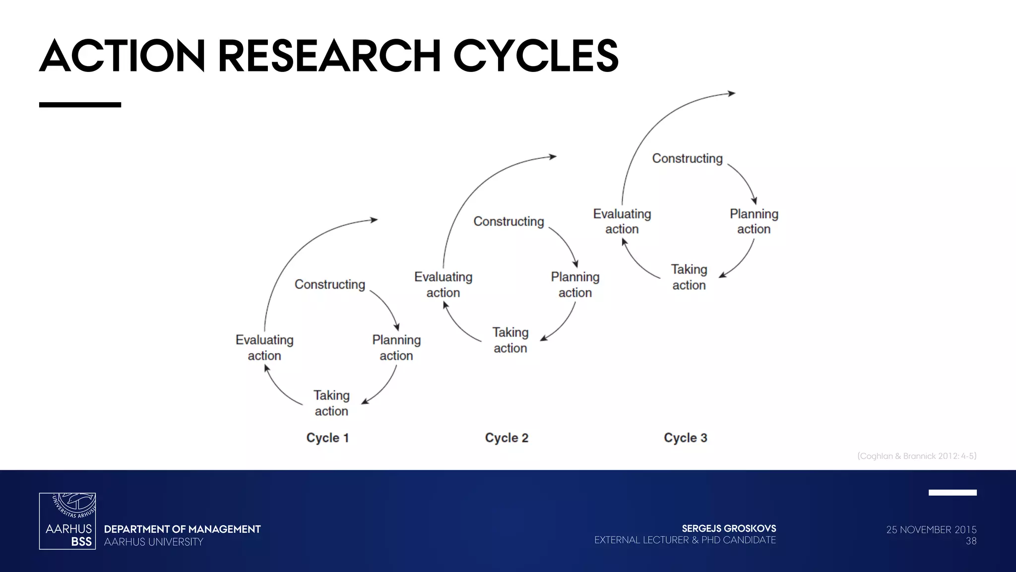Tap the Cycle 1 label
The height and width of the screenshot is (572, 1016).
tap(327, 438)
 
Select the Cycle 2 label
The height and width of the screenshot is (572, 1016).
tap(507, 438)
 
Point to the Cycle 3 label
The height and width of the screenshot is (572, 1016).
tap(685, 438)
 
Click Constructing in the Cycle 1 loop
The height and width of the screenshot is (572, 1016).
tap(330, 285)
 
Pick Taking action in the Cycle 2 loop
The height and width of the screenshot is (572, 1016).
tap(510, 340)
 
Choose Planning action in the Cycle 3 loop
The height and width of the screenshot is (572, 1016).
tap(754, 221)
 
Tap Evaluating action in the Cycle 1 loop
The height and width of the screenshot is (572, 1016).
tap(264, 348)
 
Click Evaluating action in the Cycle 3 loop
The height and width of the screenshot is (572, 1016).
tap(622, 221)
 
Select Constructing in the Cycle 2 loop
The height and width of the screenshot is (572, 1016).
tap(508, 221)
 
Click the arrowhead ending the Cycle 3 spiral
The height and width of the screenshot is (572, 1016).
tap(731, 93)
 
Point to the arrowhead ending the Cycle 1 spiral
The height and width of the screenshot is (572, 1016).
tap(374, 219)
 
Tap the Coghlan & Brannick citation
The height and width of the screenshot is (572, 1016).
tap(917, 456)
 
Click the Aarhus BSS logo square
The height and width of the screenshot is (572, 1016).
tap(67, 521)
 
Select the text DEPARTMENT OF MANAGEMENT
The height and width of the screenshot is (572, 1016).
tap(182, 529)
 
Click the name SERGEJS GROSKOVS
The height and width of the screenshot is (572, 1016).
tap(729, 528)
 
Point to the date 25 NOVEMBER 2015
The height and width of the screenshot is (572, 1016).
tap(931, 530)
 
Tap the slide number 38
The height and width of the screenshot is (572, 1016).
tap(971, 541)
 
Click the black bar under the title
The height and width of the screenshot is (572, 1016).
tap(80, 105)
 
